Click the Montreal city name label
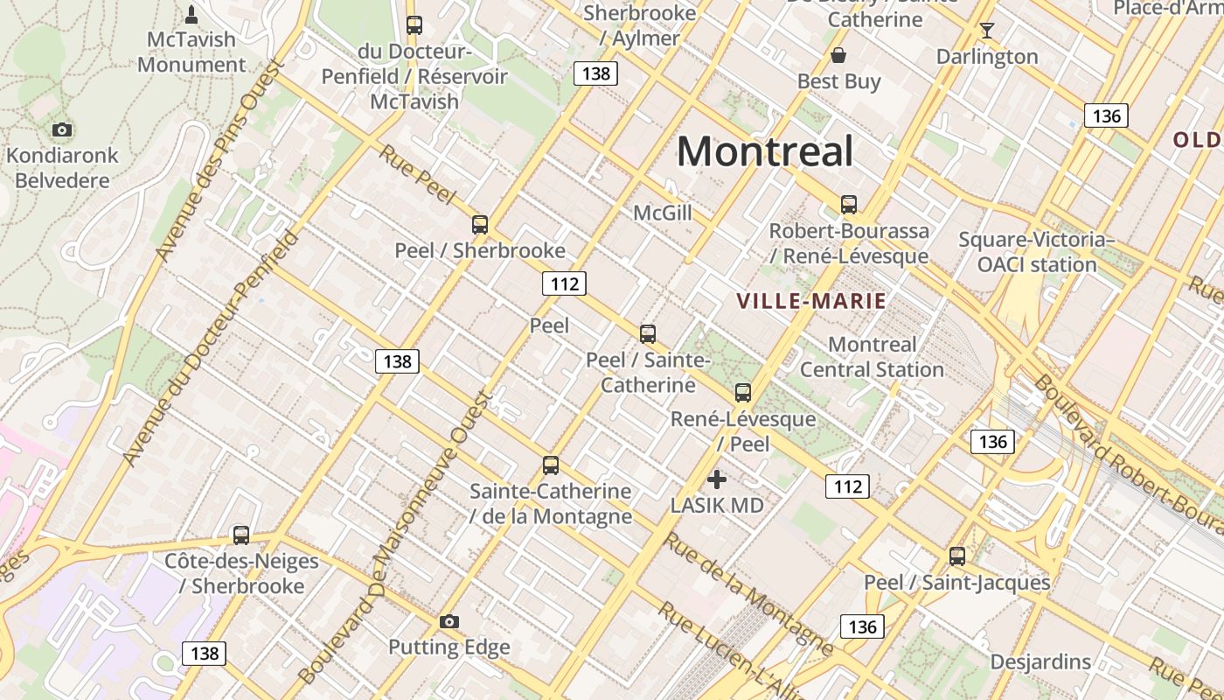click(x=765, y=151)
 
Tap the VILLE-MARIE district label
click(x=811, y=302)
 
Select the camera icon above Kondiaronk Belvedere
click(x=61, y=130)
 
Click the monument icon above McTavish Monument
click(x=191, y=15)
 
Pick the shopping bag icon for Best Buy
click(x=838, y=56)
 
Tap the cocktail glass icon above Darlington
click(x=987, y=31)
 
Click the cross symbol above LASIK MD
click(x=717, y=479)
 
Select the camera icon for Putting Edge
click(x=449, y=622)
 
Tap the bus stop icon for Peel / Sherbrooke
click(x=480, y=225)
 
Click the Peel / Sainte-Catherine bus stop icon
click(x=648, y=334)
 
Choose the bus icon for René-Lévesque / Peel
click(x=743, y=393)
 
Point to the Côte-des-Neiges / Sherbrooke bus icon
click(x=241, y=535)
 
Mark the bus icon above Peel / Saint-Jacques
click(x=957, y=556)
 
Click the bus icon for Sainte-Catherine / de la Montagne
click(x=551, y=465)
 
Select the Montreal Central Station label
click(x=872, y=357)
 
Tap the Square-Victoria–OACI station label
click(x=1036, y=252)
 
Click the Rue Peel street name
click(x=418, y=178)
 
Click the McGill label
click(x=663, y=213)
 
